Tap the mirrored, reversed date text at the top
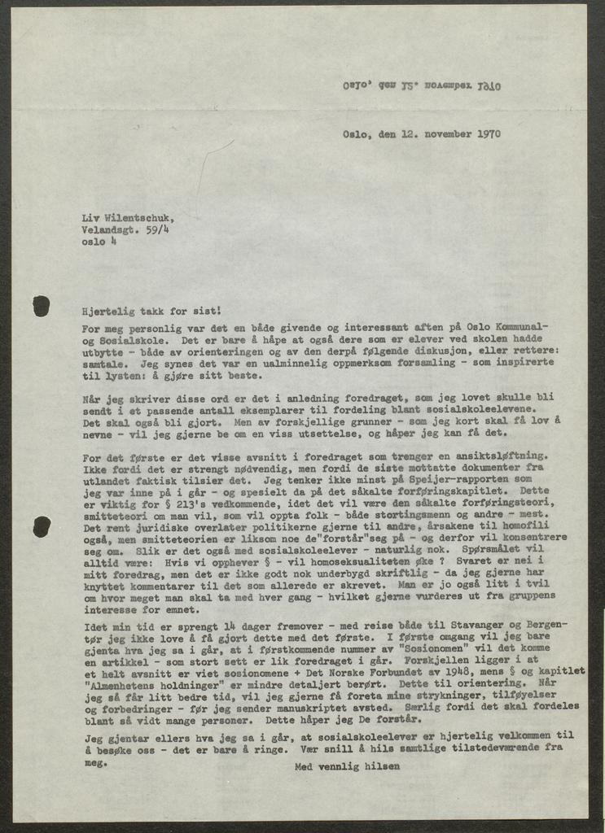point(421,85)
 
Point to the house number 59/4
point(158,230)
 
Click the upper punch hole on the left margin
point(41,306)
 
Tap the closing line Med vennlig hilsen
point(347,765)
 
